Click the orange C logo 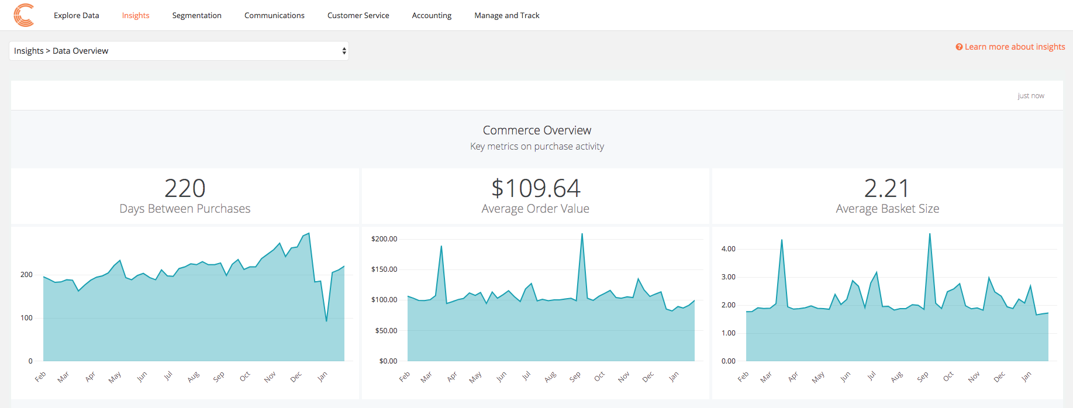pos(23,15)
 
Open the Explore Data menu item pos(76,16)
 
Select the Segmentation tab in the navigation pos(196,16)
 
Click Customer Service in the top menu pos(358,16)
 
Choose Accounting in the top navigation pos(432,16)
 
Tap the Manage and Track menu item pos(506,16)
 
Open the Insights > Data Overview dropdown pos(178,51)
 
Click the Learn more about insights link pos(1014,47)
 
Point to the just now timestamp pos(1030,96)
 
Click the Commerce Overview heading pos(537,130)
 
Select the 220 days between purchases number pos(185,188)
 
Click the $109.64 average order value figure pos(536,188)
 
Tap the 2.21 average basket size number pos(886,188)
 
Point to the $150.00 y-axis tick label pos(384,269)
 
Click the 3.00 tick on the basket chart pos(728,277)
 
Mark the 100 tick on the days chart pos(26,318)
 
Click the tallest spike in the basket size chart pos(930,235)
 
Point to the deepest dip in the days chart pos(326,320)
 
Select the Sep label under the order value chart pos(575,377)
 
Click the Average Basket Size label pos(887,209)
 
